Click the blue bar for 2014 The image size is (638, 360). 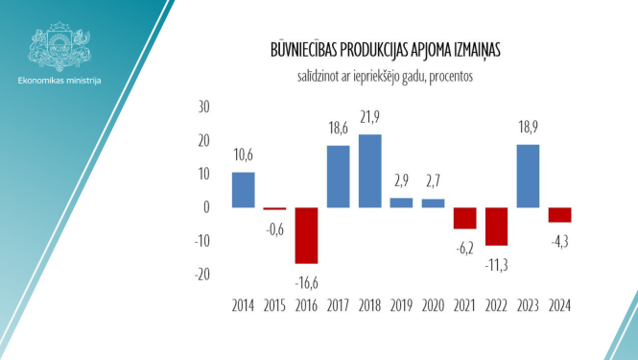tap(244, 190)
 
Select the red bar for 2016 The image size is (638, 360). tap(307, 235)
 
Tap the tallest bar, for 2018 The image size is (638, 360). tap(369, 171)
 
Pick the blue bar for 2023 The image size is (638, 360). tap(528, 176)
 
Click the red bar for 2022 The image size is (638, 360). tap(496, 227)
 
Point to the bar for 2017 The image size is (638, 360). tap(339, 177)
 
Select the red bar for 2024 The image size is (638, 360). tap(559, 215)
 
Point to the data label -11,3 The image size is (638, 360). tap(496, 261)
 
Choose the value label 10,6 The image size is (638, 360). tap(244, 156)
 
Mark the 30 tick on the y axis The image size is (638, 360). tap(203, 108)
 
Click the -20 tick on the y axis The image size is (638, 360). tap(201, 275)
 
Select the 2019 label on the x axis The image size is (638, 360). tap(401, 307)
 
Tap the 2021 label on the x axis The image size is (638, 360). tap(464, 307)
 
